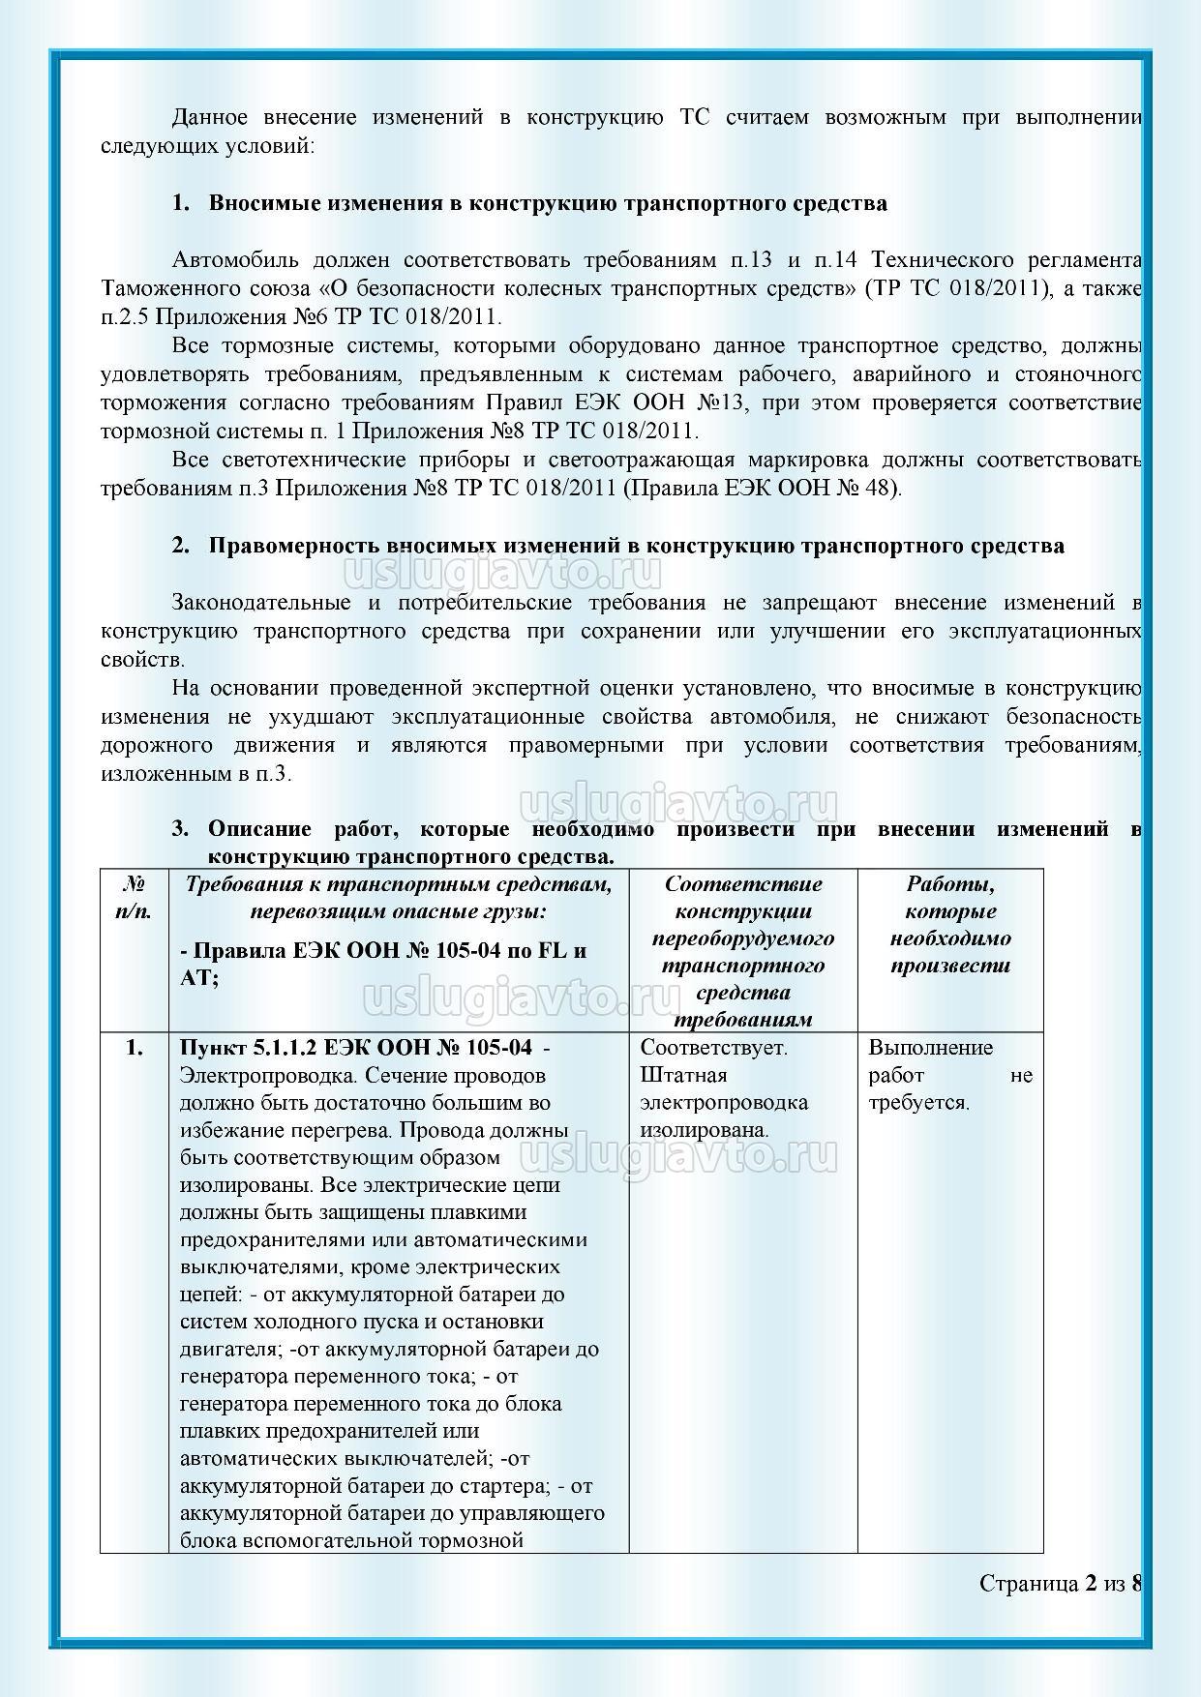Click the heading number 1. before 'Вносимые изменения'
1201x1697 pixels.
(181, 204)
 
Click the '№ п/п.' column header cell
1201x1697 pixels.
(135, 897)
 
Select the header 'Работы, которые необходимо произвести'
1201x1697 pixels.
(950, 924)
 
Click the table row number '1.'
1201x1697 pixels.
(135, 1048)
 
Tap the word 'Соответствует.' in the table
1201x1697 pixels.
(714, 1048)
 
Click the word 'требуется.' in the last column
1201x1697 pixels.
(918, 1102)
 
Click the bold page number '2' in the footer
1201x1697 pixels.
(1092, 1583)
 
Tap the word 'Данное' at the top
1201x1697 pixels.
(208, 118)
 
